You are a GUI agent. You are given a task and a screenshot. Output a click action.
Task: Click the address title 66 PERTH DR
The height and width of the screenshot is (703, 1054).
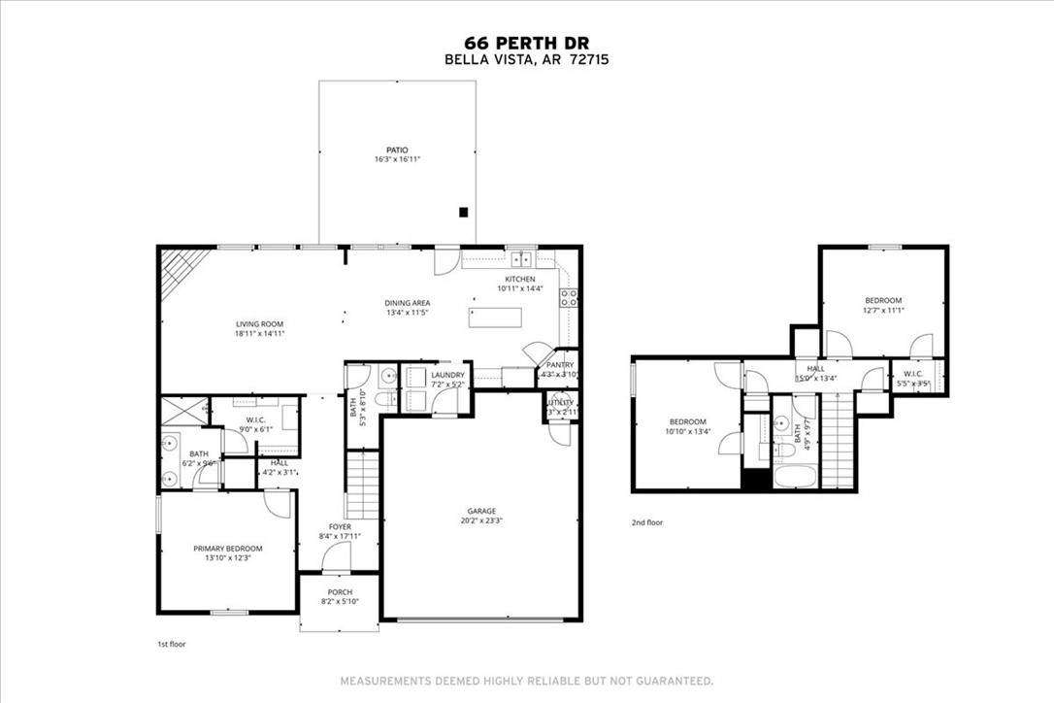(x=526, y=42)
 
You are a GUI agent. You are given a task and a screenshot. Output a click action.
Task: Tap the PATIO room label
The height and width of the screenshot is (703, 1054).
(x=397, y=150)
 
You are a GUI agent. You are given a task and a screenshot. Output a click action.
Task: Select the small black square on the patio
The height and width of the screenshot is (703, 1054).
(x=464, y=212)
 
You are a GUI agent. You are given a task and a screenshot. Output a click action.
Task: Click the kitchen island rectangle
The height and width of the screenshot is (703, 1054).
(x=495, y=318)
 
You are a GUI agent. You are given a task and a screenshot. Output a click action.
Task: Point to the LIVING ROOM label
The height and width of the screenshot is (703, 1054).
(x=258, y=324)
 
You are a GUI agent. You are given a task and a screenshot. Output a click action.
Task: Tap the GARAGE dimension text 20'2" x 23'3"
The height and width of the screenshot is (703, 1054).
(x=481, y=520)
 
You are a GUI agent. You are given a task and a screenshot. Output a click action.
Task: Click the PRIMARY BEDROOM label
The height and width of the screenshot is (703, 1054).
(x=227, y=549)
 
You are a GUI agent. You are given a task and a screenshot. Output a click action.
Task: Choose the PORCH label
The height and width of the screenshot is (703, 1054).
(x=340, y=592)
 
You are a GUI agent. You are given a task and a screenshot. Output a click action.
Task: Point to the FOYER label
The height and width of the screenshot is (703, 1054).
(x=340, y=526)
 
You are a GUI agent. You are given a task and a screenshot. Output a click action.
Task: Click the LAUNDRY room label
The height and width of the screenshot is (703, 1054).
(x=447, y=375)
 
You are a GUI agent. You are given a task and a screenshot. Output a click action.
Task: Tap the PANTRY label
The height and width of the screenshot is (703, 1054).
(x=560, y=365)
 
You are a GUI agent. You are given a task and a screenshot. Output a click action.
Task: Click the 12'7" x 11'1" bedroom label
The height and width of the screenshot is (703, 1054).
(x=883, y=300)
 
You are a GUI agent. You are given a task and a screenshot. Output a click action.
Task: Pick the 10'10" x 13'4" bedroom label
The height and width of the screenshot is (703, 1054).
(x=688, y=421)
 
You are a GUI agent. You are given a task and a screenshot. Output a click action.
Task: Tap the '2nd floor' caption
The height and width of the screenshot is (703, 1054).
(x=647, y=522)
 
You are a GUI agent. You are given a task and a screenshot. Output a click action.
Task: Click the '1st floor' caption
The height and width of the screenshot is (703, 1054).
(x=170, y=644)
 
